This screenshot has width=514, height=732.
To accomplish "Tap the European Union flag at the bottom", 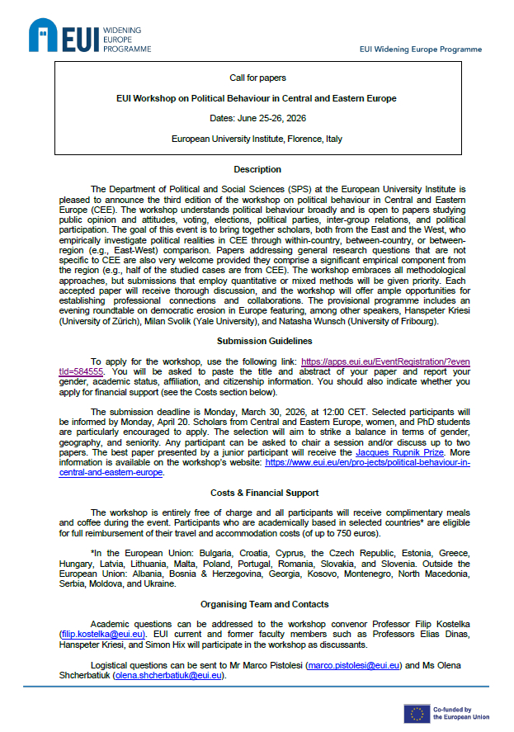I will click(416, 713).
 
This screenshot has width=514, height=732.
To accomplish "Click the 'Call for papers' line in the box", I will click(257, 78).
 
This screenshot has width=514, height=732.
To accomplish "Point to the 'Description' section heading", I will click(257, 169).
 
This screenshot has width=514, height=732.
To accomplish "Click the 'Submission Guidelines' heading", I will click(257, 340).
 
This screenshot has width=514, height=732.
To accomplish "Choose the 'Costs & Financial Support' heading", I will click(257, 493).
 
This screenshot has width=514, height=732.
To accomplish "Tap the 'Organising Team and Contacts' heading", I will click(257, 603).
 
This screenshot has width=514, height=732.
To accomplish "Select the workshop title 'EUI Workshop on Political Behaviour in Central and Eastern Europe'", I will click(257, 98).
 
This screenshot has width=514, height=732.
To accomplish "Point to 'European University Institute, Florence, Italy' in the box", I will click(257, 139).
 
